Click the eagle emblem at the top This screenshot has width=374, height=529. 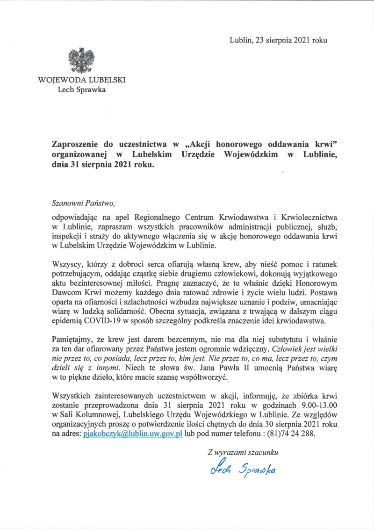point(81,60)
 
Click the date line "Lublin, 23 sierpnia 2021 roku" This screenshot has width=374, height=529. point(278,40)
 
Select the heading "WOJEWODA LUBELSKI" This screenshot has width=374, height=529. point(81,80)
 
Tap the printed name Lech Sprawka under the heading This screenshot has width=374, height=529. point(81,90)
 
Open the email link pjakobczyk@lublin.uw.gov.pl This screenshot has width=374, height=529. point(132,434)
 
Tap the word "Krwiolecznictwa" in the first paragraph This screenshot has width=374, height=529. point(304,217)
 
